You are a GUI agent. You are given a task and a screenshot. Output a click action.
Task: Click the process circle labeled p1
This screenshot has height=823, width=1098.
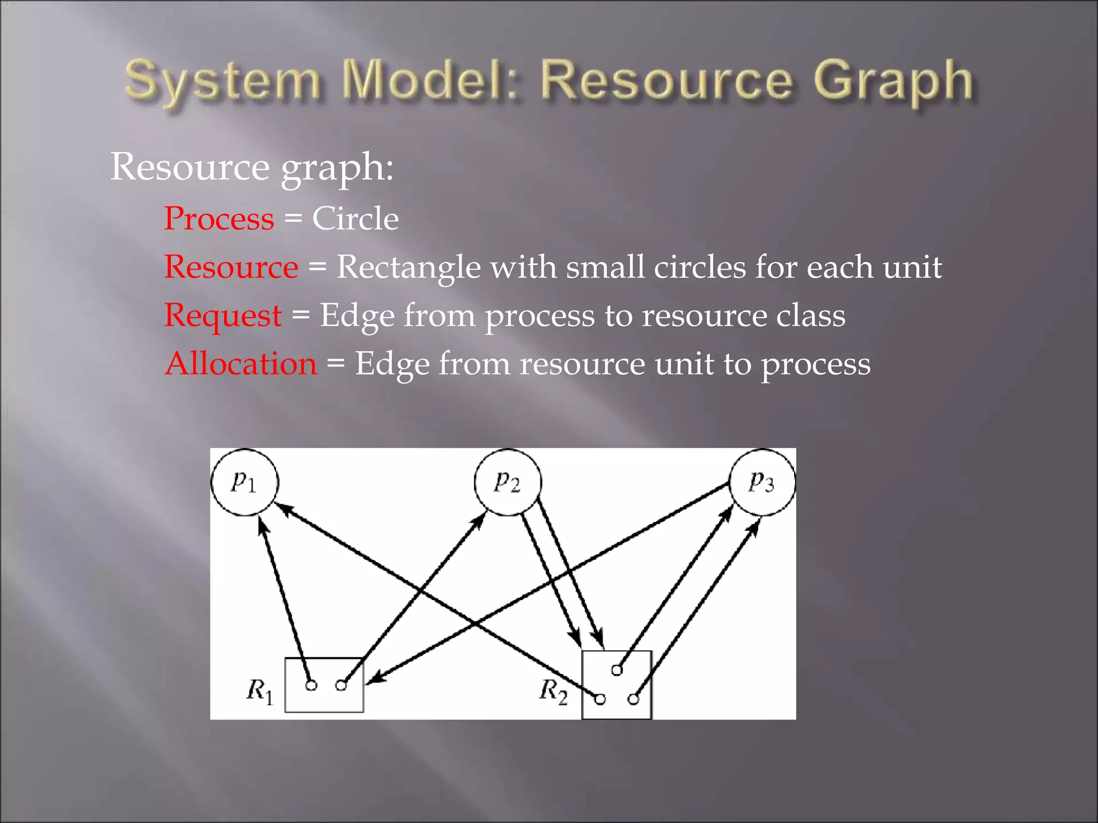[x=245, y=482]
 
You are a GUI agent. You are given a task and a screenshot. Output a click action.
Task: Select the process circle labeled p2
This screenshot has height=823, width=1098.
[x=508, y=482]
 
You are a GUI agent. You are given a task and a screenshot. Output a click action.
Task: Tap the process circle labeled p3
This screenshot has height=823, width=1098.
[x=762, y=482]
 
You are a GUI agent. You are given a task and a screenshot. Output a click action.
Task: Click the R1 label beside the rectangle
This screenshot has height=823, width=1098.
[x=261, y=691]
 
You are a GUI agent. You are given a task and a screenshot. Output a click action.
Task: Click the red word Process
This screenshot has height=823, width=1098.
[x=219, y=219]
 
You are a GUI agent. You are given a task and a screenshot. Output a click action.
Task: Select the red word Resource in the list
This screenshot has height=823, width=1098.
[x=231, y=267]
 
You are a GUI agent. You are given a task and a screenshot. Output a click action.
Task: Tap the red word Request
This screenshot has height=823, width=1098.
[x=222, y=316]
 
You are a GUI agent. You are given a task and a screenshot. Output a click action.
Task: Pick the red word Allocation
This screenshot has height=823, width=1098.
[x=241, y=364]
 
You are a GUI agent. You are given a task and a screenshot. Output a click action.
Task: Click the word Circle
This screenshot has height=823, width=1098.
[x=355, y=219]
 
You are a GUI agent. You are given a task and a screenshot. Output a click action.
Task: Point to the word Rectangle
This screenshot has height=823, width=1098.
[x=408, y=267]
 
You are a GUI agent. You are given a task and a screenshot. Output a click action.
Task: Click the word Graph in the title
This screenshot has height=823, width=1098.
[x=893, y=81]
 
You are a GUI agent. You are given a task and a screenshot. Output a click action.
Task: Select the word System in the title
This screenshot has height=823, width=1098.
[x=222, y=81]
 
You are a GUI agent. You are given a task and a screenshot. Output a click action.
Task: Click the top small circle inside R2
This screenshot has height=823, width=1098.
[x=617, y=670]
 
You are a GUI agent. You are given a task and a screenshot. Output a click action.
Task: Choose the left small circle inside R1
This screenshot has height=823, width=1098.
[x=311, y=685]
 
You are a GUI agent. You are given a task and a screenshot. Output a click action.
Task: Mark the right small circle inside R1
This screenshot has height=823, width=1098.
[x=341, y=685]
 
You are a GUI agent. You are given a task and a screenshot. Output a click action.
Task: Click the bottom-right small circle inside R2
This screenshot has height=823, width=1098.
[x=634, y=699]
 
